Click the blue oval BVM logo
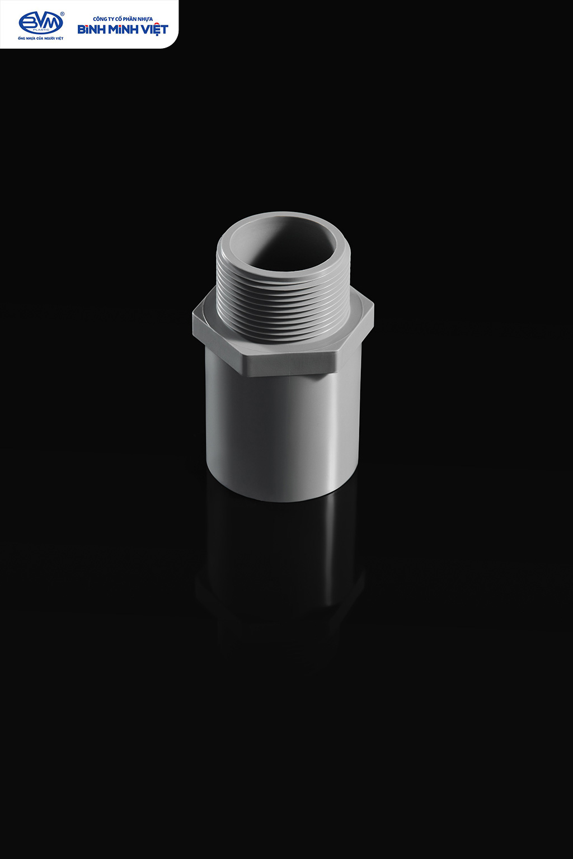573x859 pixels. point(41,23)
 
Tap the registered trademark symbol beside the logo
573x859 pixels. point(63,14)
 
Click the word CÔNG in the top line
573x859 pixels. point(100,19)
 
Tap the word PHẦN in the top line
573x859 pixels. point(131,19)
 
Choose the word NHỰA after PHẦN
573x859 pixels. point(146,19)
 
